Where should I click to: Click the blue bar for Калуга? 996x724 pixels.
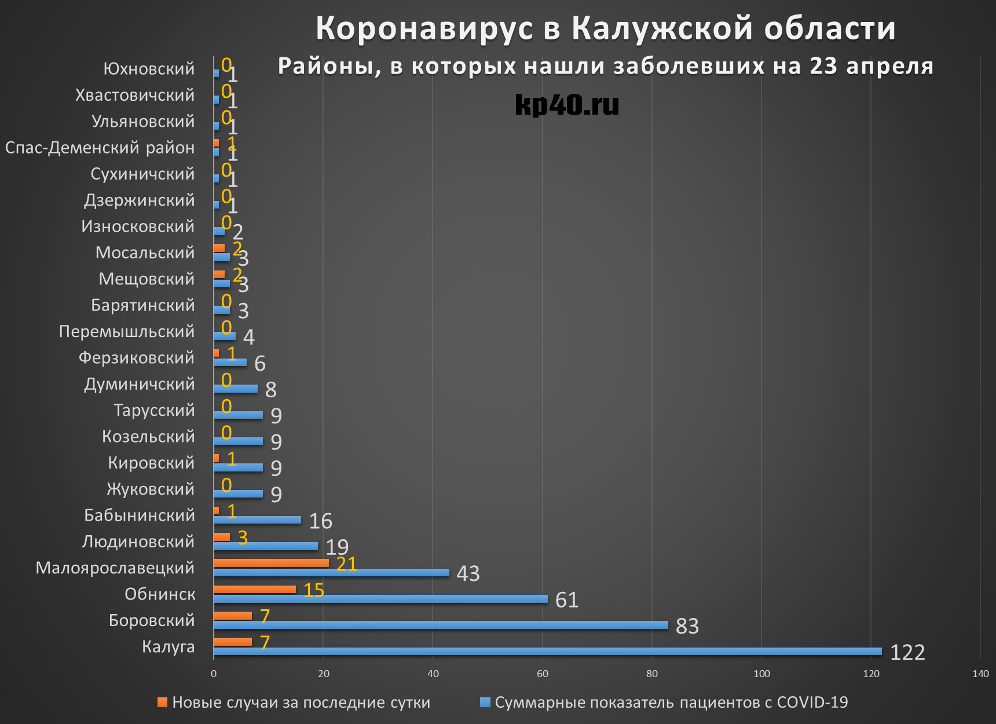tap(547, 652)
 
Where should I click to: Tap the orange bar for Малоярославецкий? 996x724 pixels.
tap(271, 563)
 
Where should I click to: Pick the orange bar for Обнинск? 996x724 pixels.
tap(254, 590)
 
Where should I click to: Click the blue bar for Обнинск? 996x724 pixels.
tap(380, 599)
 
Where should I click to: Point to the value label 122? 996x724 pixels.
tap(907, 653)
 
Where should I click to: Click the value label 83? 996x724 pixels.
tap(687, 626)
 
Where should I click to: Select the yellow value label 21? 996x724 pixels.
tap(346, 564)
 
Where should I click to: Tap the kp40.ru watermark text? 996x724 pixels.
tap(566, 105)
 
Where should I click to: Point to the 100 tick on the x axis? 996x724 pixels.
tap(761, 674)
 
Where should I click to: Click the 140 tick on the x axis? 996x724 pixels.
tap(980, 674)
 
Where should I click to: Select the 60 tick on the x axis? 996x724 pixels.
tap(543, 674)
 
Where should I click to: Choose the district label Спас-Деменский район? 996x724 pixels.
tap(100, 148)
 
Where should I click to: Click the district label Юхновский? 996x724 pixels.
tap(149, 69)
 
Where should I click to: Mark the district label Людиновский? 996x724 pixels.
tap(138, 542)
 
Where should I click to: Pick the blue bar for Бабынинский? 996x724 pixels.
tap(257, 520)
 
